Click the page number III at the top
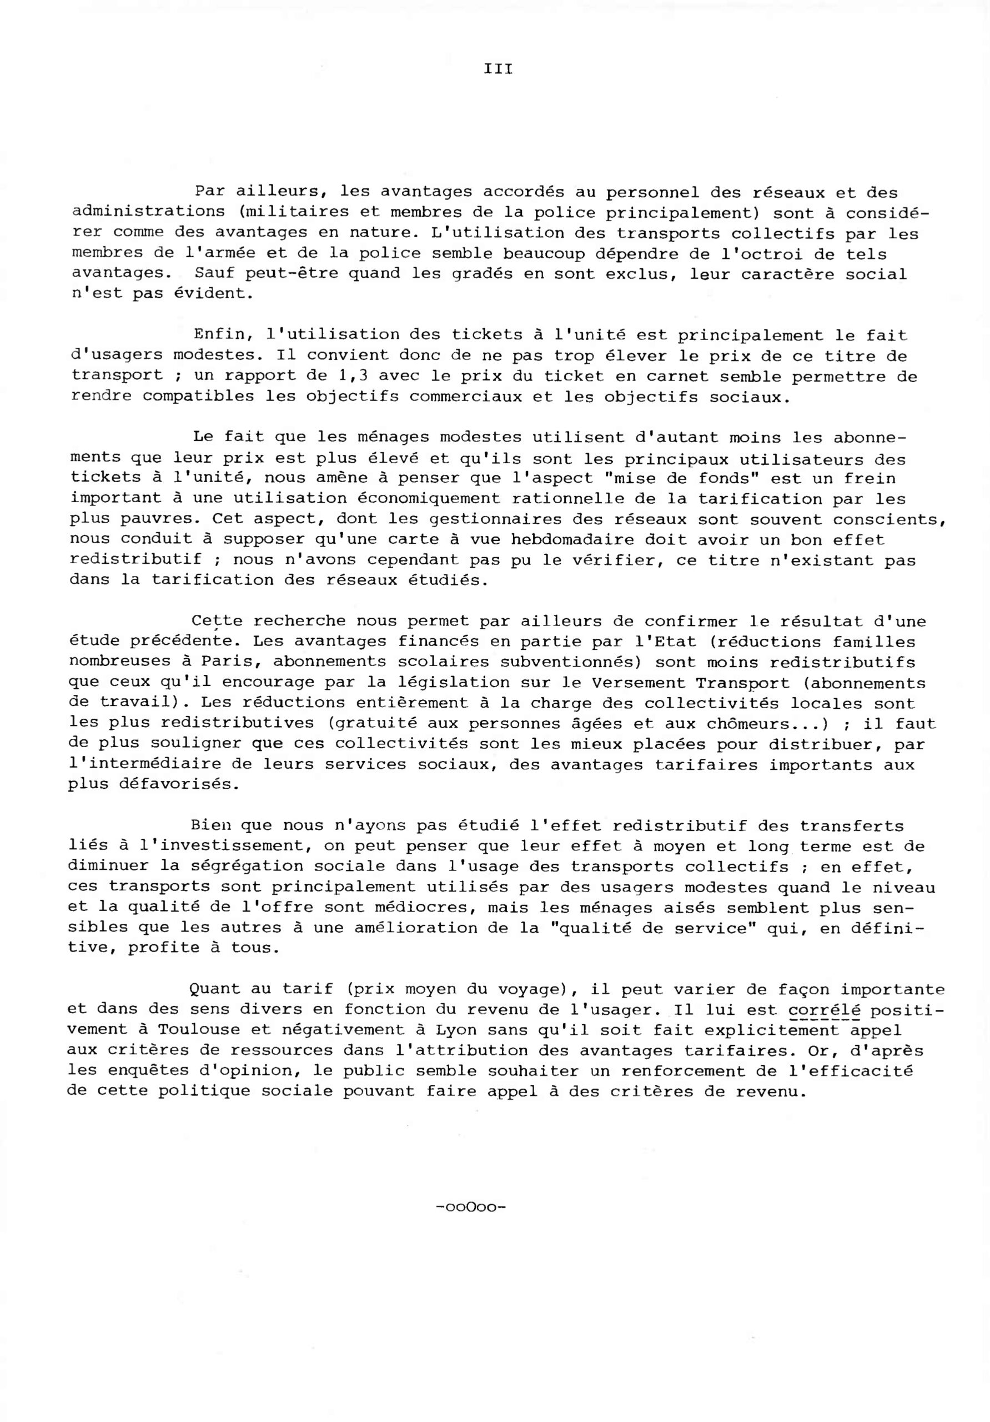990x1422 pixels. (498, 69)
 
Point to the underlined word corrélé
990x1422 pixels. (824, 1009)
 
